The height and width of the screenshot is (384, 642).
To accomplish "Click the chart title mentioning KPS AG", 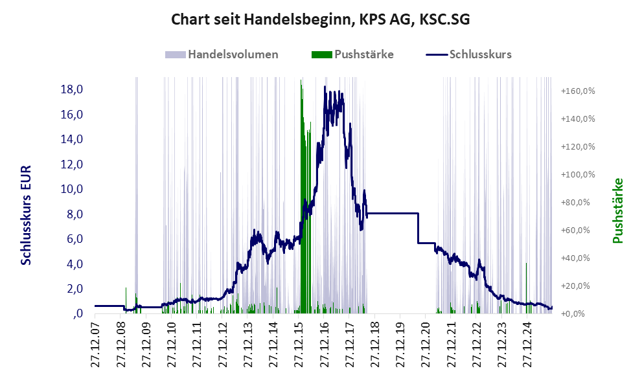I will coord(320,20).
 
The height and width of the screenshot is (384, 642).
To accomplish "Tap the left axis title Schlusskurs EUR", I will coord(27,214).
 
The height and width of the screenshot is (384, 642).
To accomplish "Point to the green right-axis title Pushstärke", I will coord(617,210).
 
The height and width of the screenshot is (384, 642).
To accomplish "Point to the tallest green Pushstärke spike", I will coord(301,80).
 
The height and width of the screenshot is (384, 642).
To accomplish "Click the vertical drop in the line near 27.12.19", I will coord(418,228).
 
